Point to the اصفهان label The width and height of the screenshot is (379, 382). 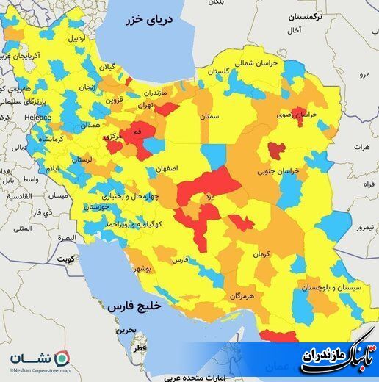166,168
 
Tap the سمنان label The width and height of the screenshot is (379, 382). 210,116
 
